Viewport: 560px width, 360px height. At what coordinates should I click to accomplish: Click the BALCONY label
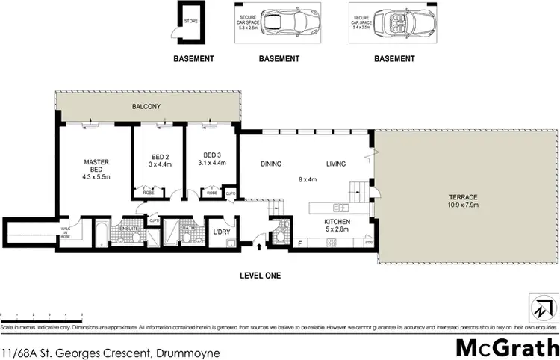pyautogui.click(x=148, y=107)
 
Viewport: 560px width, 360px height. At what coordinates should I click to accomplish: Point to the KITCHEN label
pyautogui.click(x=336, y=222)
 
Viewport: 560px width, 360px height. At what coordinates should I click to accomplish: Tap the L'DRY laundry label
pyautogui.click(x=222, y=231)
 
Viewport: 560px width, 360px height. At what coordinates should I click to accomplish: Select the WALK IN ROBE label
pyautogui.click(x=65, y=232)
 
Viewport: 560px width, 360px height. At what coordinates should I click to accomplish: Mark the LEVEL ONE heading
pyautogui.click(x=259, y=275)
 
